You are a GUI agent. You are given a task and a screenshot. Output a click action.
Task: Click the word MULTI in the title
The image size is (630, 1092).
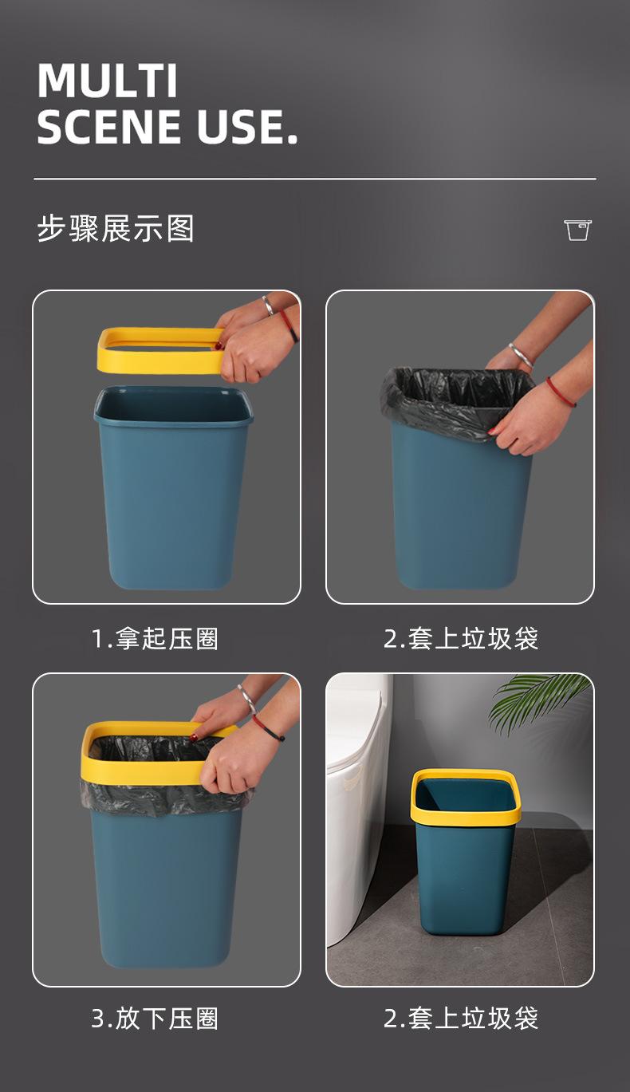[107, 81]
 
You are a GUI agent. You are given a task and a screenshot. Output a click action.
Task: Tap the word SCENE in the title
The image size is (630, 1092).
[109, 127]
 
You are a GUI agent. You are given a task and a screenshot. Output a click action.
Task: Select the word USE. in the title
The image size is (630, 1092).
[247, 127]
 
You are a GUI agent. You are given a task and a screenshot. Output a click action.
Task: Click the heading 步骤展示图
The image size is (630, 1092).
[116, 228]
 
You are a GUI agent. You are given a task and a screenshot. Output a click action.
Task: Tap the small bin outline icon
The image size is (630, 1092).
[578, 230]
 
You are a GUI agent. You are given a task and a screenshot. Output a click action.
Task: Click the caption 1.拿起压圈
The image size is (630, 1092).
[155, 639]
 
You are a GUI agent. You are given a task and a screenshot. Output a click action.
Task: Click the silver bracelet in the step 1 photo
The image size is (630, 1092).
[267, 306]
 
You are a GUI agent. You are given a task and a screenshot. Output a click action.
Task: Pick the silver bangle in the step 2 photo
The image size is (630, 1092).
[522, 355]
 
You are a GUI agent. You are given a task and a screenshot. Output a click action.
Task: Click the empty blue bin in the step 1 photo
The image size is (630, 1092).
[174, 487]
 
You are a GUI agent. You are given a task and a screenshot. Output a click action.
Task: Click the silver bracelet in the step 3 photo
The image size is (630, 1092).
[247, 698]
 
